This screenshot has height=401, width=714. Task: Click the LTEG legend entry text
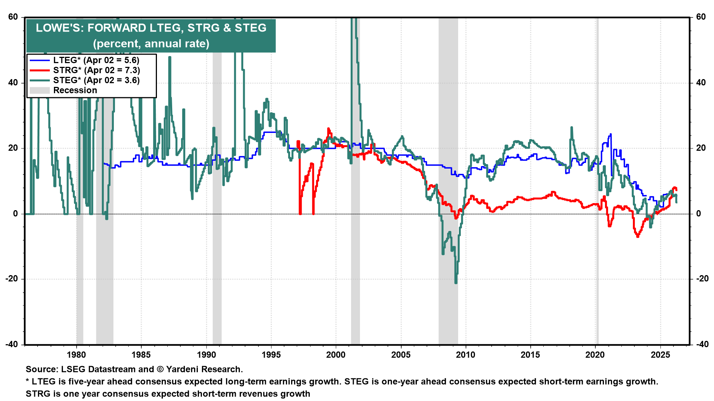tap(96, 60)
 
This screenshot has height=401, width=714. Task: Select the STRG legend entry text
tap(96, 70)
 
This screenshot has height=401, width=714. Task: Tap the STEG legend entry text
tap(96, 80)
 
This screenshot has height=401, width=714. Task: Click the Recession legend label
tap(75, 90)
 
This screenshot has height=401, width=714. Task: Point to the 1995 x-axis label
tap(271, 355)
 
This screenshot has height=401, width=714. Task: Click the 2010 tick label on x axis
tap(466, 355)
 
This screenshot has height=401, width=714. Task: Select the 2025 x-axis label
tap(660, 355)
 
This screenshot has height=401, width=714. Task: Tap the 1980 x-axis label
tap(76, 355)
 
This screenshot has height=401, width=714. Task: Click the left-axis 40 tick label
tap(13, 82)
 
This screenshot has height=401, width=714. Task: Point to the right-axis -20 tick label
tap(701, 279)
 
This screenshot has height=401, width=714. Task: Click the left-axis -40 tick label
tap(12, 344)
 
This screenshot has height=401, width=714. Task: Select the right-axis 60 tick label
tap(701, 17)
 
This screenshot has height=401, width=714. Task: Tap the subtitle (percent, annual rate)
tap(151, 43)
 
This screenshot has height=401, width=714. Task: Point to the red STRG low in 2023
tap(638, 236)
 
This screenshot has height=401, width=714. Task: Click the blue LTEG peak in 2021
tap(611, 134)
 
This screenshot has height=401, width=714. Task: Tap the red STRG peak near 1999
tap(328, 129)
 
